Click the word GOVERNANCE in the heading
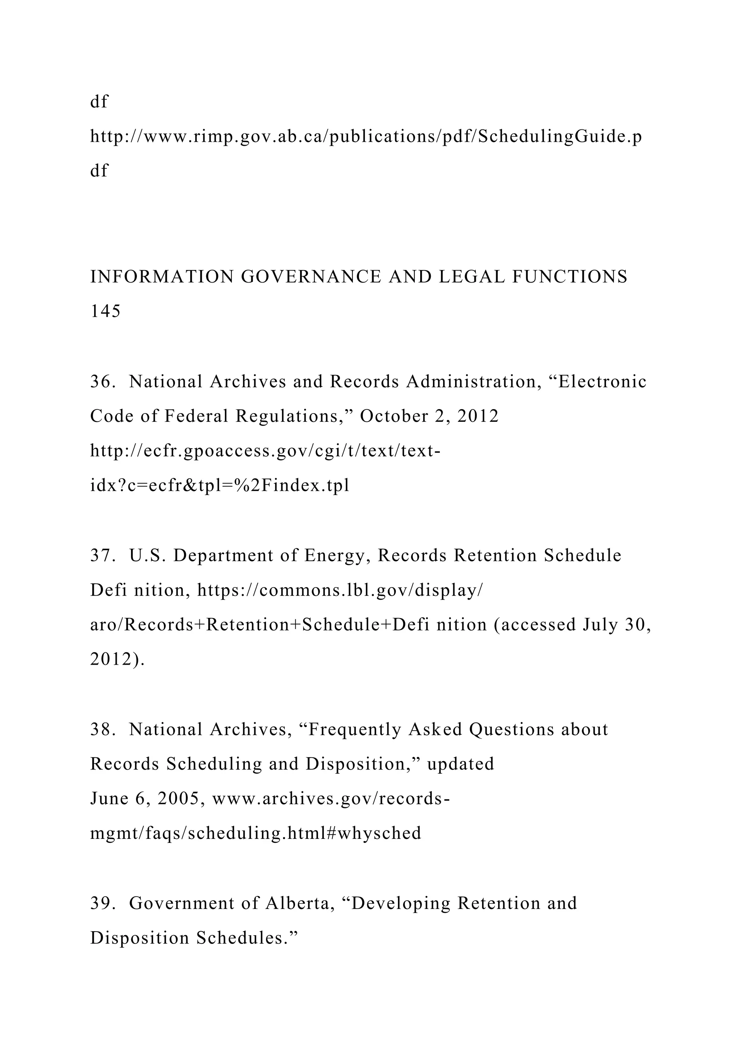coord(311,277)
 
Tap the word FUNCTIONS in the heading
coord(569,277)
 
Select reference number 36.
coord(102,381)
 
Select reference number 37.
coord(102,555)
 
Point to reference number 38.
coord(102,729)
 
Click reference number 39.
coord(102,903)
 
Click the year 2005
coord(181,798)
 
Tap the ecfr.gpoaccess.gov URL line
coord(265,451)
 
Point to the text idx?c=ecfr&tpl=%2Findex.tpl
coord(220,486)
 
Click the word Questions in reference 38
coord(511,729)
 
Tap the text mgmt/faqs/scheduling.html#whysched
coord(255,833)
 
